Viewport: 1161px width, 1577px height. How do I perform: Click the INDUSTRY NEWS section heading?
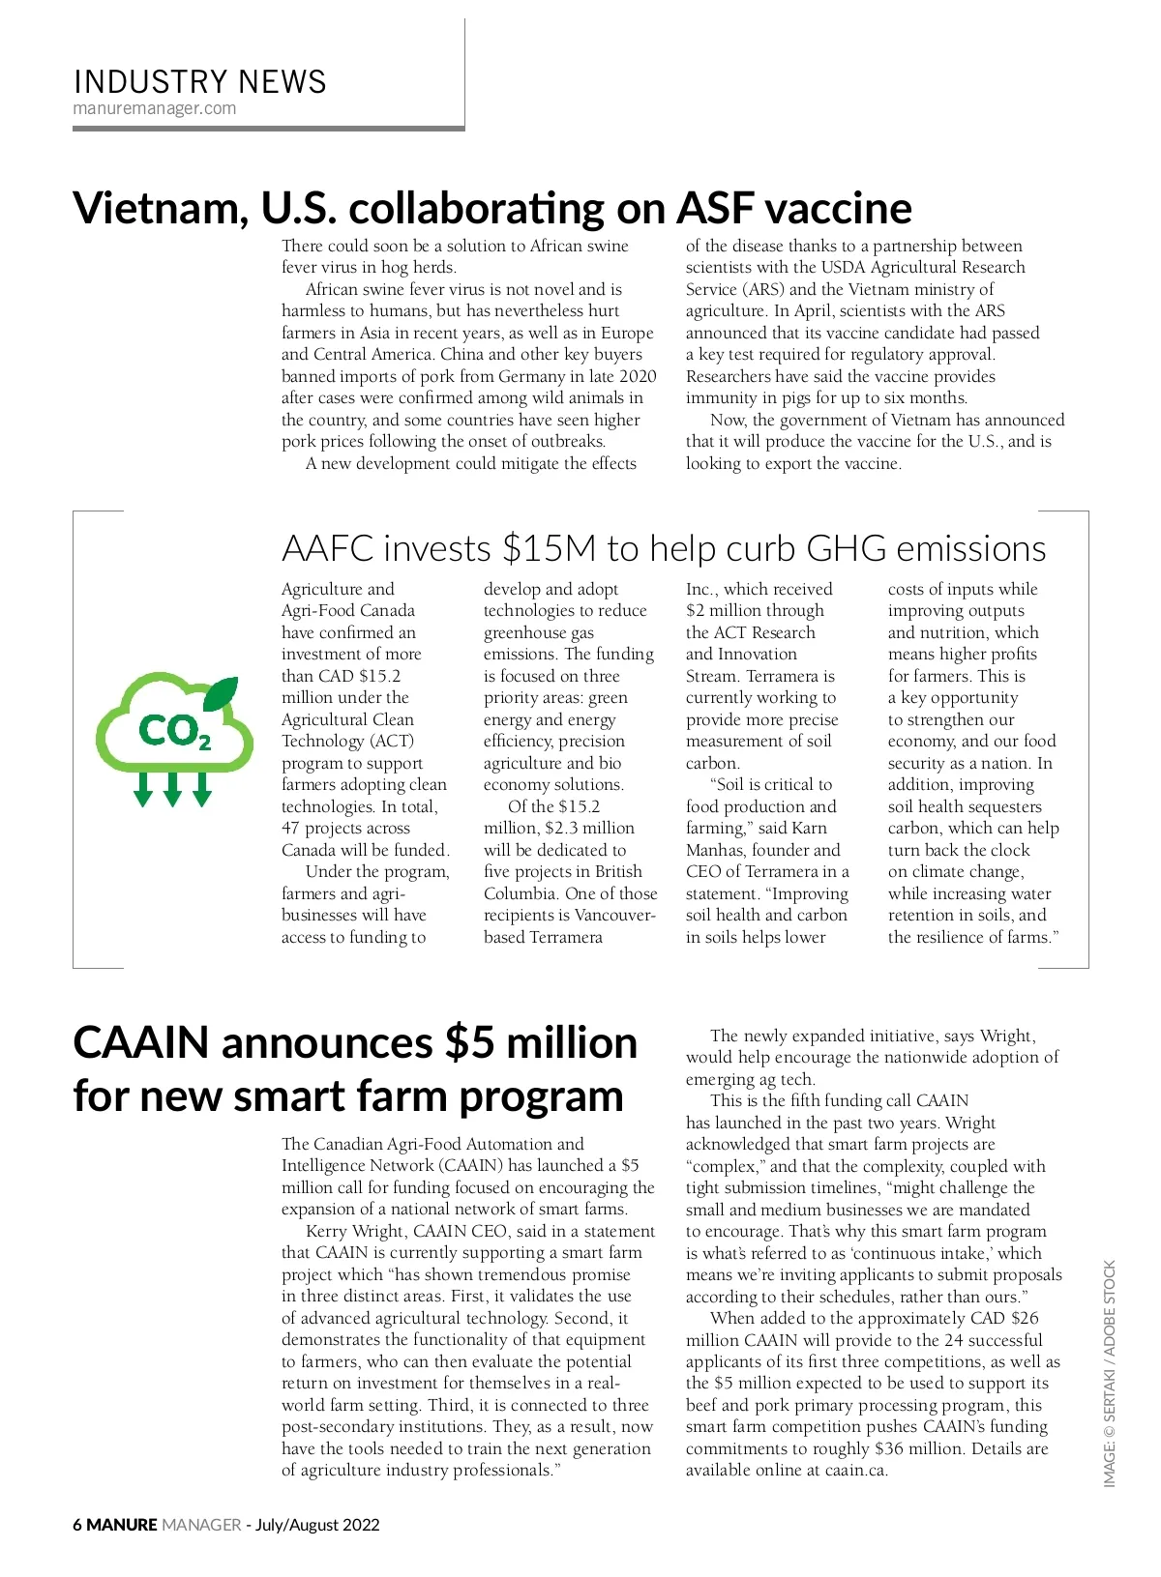(x=199, y=81)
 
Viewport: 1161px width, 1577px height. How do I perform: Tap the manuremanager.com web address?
(x=155, y=108)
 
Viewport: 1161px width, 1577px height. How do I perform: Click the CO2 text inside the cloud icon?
(x=174, y=731)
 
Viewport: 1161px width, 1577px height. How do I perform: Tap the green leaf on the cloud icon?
(x=221, y=692)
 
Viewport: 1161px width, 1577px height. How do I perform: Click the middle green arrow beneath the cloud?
(x=172, y=789)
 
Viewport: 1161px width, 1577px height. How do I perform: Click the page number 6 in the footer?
(x=77, y=1525)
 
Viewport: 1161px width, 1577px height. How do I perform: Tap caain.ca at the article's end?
(x=856, y=1470)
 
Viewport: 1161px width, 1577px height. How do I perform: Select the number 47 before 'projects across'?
(x=290, y=828)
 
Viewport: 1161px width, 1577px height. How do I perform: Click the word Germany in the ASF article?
(x=527, y=376)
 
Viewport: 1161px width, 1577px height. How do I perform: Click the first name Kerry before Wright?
(x=328, y=1231)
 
